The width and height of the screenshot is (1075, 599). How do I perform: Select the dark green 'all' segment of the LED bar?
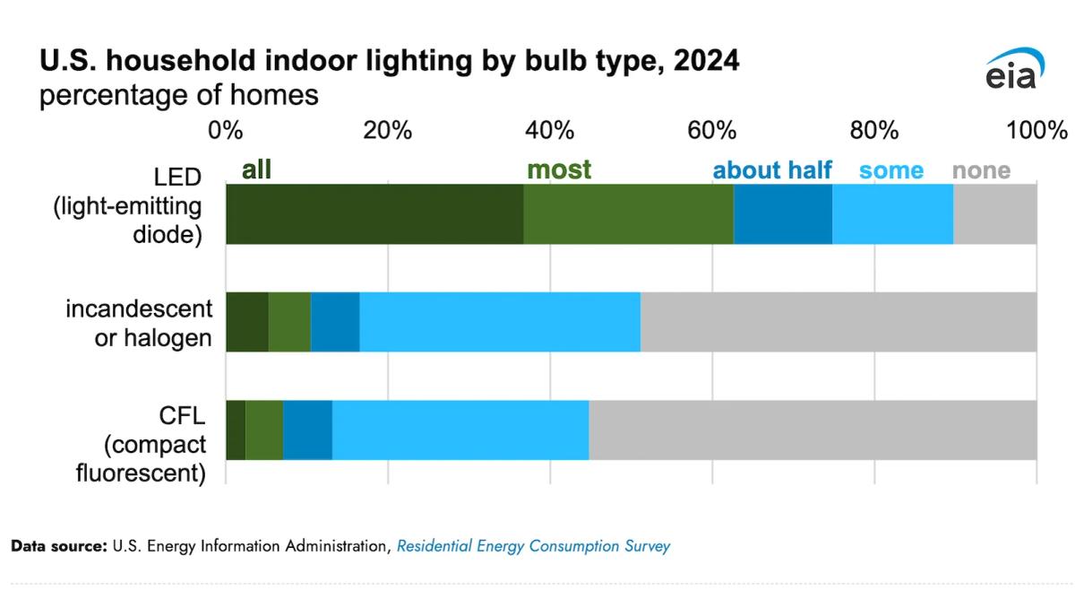pyautogui.click(x=374, y=213)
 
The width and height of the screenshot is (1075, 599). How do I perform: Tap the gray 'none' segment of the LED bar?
pyautogui.click(x=994, y=213)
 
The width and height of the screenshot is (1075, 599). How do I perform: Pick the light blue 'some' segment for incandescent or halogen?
pyautogui.click(x=500, y=322)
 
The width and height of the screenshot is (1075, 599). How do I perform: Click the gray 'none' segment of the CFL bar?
pyautogui.click(x=812, y=430)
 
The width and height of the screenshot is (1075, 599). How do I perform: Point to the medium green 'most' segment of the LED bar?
pyautogui.click(x=628, y=213)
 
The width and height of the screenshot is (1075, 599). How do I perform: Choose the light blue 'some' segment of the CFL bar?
pyautogui.click(x=460, y=430)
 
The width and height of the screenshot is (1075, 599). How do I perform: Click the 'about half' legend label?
pyautogui.click(x=772, y=169)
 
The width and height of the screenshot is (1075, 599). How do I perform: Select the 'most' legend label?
pyautogui.click(x=559, y=169)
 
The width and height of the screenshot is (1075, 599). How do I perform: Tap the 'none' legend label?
pyautogui.click(x=981, y=169)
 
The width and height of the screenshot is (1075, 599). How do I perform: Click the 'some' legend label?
pyautogui.click(x=890, y=169)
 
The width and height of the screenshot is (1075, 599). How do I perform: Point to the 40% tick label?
pyautogui.click(x=549, y=130)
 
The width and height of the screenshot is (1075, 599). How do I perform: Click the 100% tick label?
pyautogui.click(x=1036, y=130)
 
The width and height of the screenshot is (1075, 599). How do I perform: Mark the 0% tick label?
pyautogui.click(x=226, y=130)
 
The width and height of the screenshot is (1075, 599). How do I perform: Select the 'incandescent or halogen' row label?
pyautogui.click(x=140, y=323)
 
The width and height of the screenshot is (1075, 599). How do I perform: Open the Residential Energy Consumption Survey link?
pyautogui.click(x=533, y=546)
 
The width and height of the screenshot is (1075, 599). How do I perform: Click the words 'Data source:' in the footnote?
pyautogui.click(x=58, y=546)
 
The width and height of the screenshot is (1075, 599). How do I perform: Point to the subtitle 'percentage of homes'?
pyautogui.click(x=178, y=94)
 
